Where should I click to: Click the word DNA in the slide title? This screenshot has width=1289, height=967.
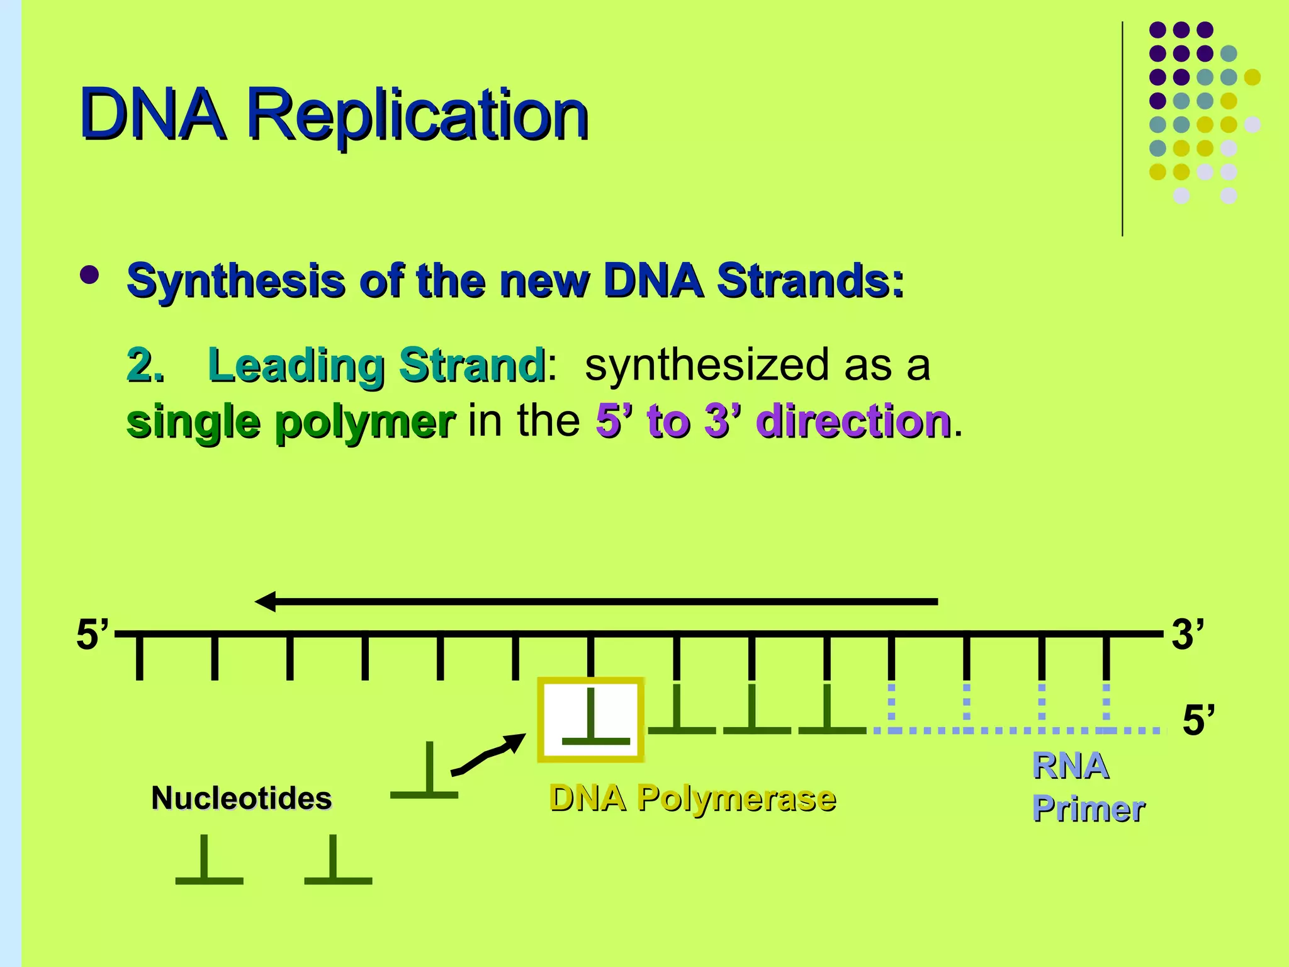click(152, 116)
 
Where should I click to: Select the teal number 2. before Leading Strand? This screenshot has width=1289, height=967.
click(145, 365)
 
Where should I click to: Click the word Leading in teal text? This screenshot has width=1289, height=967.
click(296, 365)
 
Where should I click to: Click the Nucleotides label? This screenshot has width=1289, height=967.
click(242, 798)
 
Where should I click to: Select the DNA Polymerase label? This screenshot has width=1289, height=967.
click(692, 798)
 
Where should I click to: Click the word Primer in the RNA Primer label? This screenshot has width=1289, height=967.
click(1089, 809)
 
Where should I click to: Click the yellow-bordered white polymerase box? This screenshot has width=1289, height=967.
click(590, 720)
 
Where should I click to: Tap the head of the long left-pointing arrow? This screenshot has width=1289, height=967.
click(266, 602)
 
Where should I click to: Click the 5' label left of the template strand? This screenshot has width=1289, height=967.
click(92, 635)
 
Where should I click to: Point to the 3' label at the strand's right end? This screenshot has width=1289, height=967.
click(1188, 635)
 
